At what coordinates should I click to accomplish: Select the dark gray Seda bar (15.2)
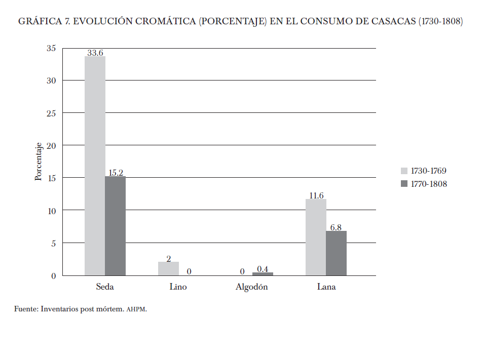(115, 226)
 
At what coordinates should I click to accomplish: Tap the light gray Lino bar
(168, 268)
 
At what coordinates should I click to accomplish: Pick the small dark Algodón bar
(263, 274)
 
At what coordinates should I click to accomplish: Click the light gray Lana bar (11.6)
(316, 237)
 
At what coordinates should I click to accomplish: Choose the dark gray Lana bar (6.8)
(336, 253)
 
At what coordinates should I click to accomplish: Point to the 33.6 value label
(95, 52)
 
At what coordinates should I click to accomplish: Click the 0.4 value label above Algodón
(263, 269)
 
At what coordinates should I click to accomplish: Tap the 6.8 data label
(336, 227)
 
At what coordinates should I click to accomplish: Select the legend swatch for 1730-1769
(404, 171)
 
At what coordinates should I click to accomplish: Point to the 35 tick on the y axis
(51, 48)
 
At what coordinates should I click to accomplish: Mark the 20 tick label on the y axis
(51, 145)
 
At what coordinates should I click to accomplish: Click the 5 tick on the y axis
(53, 243)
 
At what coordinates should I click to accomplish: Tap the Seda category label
(105, 287)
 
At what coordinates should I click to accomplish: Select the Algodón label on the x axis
(251, 287)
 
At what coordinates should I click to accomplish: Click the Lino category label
(178, 287)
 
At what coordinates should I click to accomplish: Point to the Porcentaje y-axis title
(39, 162)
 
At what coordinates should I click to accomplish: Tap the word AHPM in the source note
(135, 309)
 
